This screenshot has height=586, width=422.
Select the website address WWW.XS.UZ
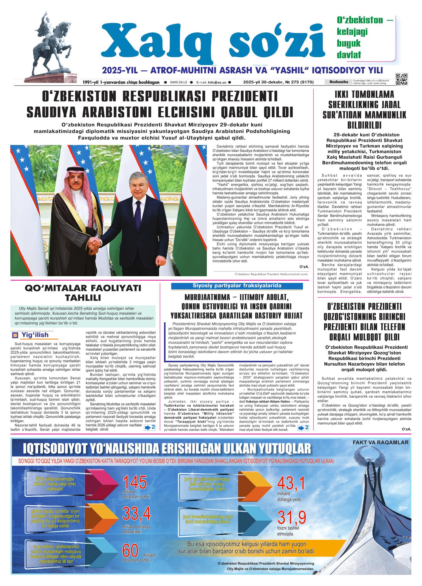point(178,82)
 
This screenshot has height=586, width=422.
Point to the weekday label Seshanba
point(338,82)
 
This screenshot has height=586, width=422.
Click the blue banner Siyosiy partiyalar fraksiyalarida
point(237,286)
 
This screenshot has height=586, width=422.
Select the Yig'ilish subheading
point(35,335)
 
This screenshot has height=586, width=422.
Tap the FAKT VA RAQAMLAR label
point(380,442)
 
